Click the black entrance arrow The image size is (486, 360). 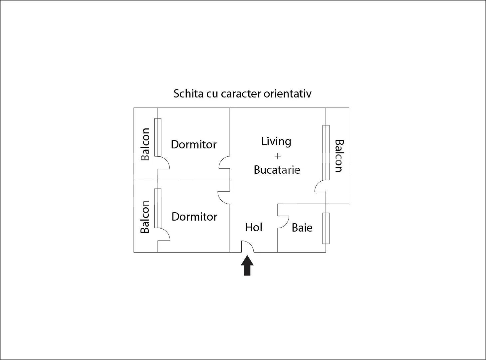click(247, 266)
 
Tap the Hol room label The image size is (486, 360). click(254, 227)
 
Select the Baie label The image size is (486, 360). click(302, 228)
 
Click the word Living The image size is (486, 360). click(276, 141)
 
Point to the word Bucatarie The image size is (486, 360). click(277, 170)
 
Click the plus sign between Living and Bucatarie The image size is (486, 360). click(277, 156)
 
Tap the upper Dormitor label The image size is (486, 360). click(194, 145)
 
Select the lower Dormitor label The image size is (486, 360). click(194, 217)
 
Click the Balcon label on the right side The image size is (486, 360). click(339, 156)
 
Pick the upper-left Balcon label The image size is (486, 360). click(145, 144)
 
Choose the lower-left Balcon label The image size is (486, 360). click(145, 217)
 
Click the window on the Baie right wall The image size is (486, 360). click(326, 228)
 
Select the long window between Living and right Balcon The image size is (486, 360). click(326, 152)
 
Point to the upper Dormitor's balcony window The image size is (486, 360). click(158, 137)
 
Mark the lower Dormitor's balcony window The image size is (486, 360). click(158, 208)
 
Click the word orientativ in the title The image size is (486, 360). click(288, 93)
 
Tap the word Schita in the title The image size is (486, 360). click(188, 93)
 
